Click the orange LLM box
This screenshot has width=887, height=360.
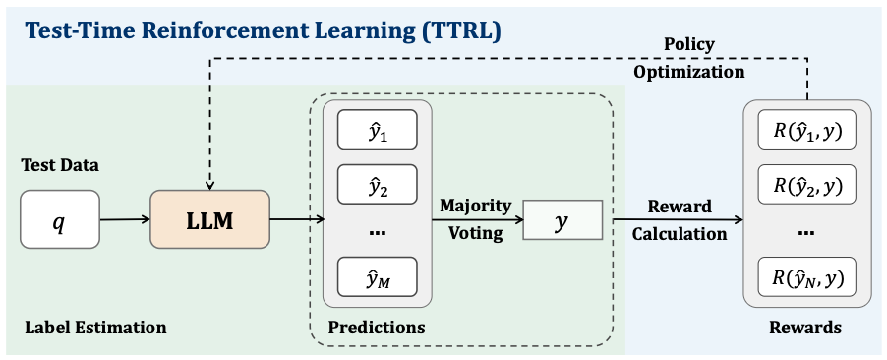pyautogui.click(x=209, y=219)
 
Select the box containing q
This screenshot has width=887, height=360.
pyautogui.click(x=60, y=219)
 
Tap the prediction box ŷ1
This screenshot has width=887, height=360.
pyautogui.click(x=377, y=130)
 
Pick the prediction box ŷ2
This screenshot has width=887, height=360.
pyautogui.click(x=377, y=183)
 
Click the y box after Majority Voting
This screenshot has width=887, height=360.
pyautogui.click(x=562, y=220)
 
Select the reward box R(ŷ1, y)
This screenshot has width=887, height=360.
pyautogui.click(x=807, y=132)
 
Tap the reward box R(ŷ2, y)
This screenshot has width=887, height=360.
pyautogui.click(x=807, y=184)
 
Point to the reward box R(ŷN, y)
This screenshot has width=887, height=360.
pyautogui.click(x=807, y=278)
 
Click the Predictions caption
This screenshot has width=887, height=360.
pyautogui.click(x=377, y=327)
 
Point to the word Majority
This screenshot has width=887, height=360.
pyautogui.click(x=475, y=206)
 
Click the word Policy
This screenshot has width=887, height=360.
pyautogui.click(x=688, y=44)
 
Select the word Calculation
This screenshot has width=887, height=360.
pyautogui.click(x=680, y=234)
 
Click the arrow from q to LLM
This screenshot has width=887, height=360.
pyautogui.click(x=125, y=220)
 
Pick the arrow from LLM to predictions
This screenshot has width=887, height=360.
pyautogui.click(x=296, y=220)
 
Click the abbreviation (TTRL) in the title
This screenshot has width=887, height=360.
pyautogui.click(x=460, y=30)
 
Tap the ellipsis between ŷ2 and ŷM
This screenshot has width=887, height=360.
pyautogui.click(x=377, y=233)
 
